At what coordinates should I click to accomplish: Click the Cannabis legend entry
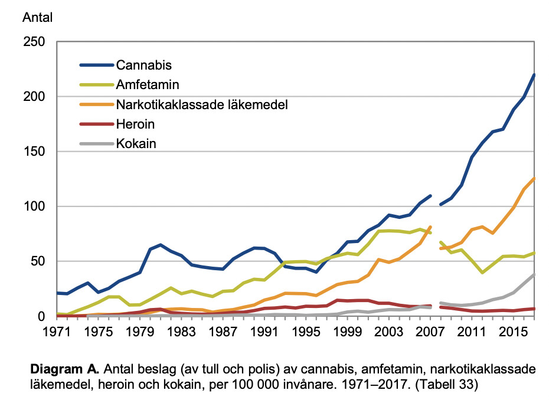click(x=144, y=64)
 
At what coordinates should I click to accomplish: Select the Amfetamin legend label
click(x=148, y=85)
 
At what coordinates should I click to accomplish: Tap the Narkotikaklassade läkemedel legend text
click(x=202, y=105)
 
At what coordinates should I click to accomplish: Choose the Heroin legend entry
click(x=136, y=125)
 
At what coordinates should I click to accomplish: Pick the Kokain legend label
click(x=136, y=143)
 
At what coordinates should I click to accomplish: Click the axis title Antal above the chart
click(x=37, y=18)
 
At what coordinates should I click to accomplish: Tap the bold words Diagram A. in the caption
click(x=64, y=369)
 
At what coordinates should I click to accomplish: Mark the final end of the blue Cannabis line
click(x=534, y=75)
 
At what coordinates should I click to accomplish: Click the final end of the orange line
click(x=534, y=178)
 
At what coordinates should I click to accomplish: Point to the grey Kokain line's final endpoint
click(x=534, y=274)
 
